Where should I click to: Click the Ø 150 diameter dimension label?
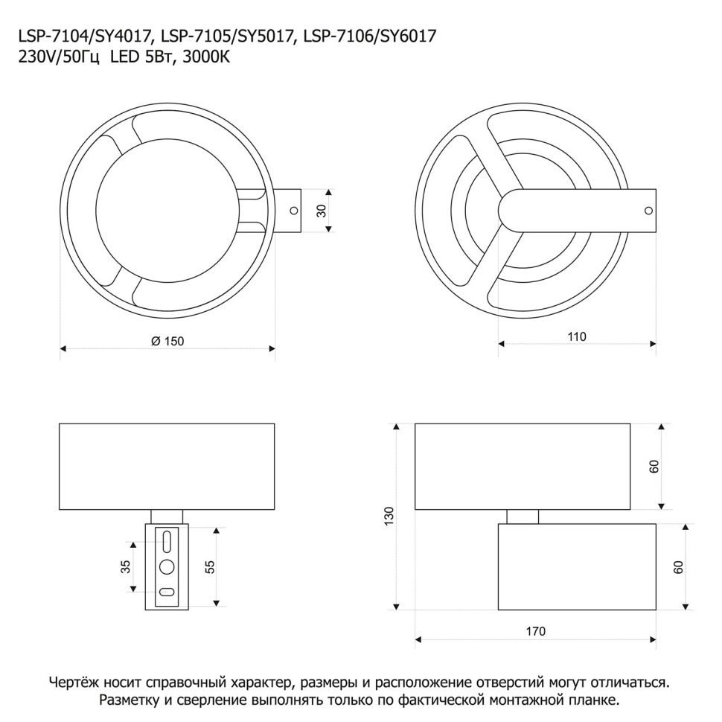[x=167, y=341]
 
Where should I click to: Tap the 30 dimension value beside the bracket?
[x=322, y=211]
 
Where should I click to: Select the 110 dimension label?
[x=577, y=336]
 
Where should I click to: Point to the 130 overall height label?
[x=389, y=517]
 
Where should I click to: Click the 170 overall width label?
[x=535, y=631]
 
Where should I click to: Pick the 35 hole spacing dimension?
[x=126, y=566]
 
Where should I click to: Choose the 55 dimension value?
[x=209, y=567]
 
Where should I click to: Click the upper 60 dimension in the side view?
[x=654, y=467]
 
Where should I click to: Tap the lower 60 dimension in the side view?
[x=678, y=567]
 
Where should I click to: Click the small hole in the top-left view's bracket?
[x=293, y=211]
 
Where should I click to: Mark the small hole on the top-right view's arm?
[x=648, y=211]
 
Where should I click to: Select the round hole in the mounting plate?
[x=167, y=567]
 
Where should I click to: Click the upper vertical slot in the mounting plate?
[x=167, y=540]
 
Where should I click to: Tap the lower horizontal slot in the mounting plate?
[x=166, y=592]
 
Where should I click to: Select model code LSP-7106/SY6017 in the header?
[x=369, y=36]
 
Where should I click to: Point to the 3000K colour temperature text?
[x=206, y=57]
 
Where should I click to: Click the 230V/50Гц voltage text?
[x=59, y=58]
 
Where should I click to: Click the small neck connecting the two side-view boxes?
[x=523, y=517]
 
